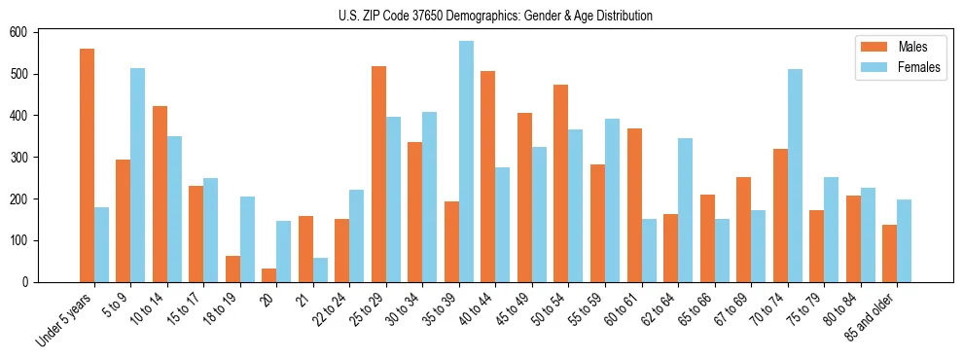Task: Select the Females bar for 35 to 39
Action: (x=467, y=162)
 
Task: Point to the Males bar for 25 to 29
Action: (x=378, y=174)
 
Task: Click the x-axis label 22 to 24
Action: (x=328, y=308)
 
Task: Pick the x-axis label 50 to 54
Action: (x=547, y=308)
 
